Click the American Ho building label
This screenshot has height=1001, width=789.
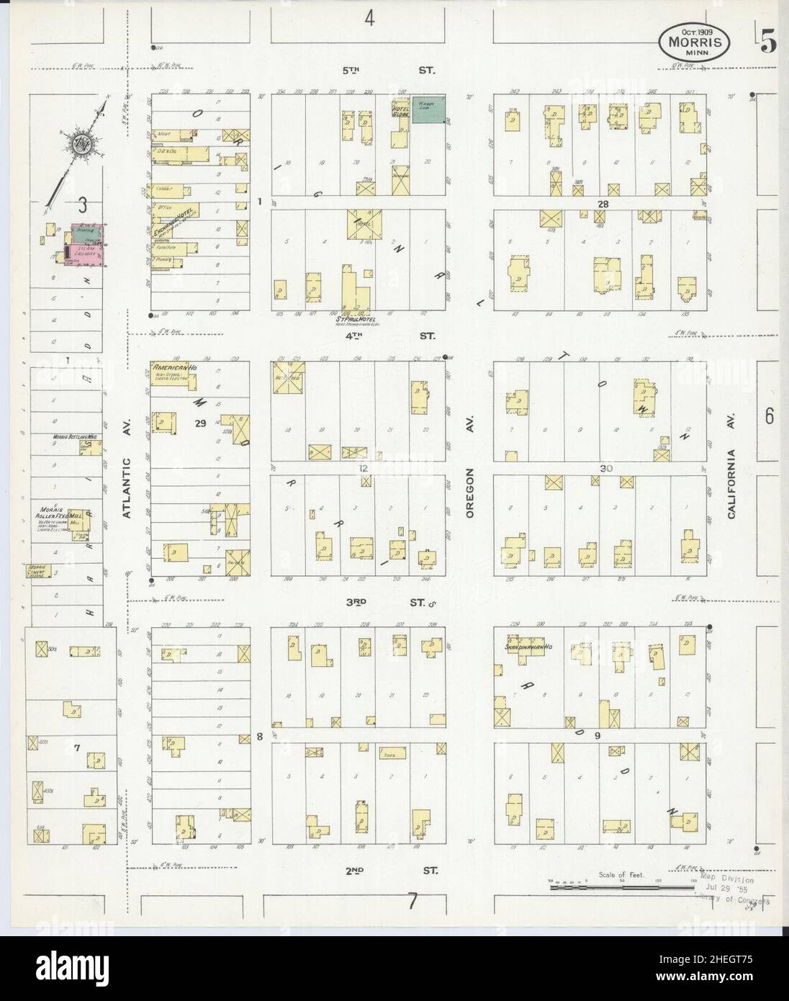tap(170, 368)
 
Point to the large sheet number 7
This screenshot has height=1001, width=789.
tap(412, 901)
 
